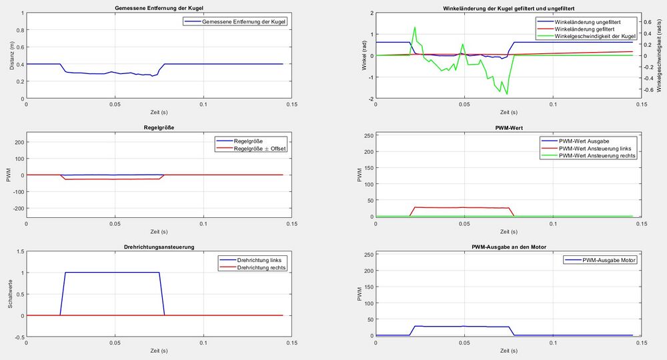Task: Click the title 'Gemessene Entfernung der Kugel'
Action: [155, 7]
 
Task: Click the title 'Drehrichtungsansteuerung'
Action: [155, 247]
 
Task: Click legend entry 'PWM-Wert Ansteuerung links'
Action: [596, 148]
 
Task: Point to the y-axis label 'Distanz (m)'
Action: [12, 55]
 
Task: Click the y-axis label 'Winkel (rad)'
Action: [362, 55]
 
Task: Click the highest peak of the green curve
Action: [415, 27]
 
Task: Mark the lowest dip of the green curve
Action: [507, 94]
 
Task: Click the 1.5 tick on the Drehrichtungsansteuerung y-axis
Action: [19, 252]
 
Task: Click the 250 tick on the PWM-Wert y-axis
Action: [368, 136]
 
